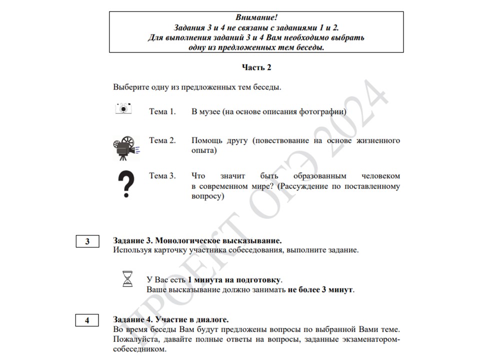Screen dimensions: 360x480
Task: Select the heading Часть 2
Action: (256, 67)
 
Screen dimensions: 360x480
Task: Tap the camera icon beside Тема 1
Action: (123, 108)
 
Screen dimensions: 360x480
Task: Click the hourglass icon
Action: (128, 278)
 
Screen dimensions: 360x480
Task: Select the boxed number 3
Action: (87, 241)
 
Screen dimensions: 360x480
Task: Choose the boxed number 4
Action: (87, 320)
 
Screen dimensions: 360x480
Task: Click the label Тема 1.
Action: (162, 111)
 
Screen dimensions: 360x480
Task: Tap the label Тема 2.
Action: (162, 140)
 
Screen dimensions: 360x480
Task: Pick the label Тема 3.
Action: (162, 176)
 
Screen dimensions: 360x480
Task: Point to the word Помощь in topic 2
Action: (206, 140)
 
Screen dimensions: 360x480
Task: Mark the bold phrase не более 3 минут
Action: (320, 289)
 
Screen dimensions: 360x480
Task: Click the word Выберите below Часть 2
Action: (131, 87)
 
